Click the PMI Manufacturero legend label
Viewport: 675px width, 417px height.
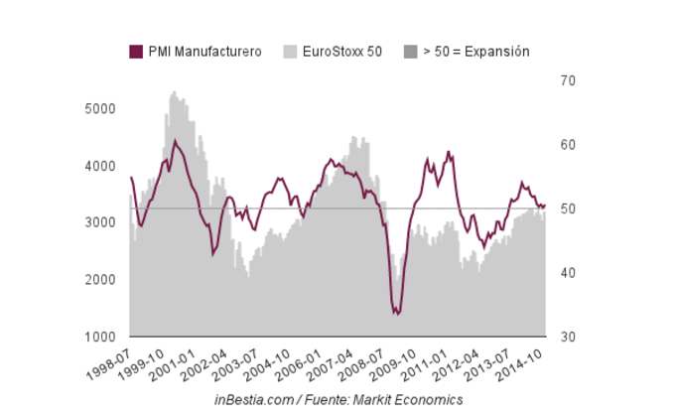(204, 52)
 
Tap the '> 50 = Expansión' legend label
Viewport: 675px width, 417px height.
(475, 52)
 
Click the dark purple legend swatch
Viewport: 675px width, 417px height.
(136, 52)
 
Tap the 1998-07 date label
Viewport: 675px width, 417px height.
(112, 360)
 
